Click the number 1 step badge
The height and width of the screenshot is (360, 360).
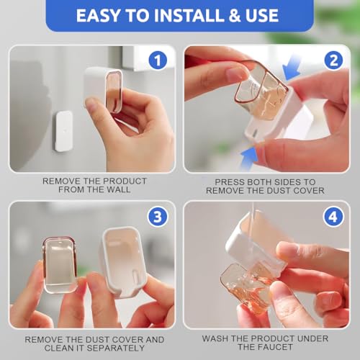tap(158, 60)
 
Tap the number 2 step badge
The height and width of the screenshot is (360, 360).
tap(334, 60)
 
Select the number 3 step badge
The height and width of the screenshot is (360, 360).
tap(158, 217)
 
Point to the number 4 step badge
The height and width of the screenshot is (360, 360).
tap(333, 217)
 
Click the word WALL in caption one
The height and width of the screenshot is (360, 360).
tap(119, 189)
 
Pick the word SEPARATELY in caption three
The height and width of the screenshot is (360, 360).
tap(120, 348)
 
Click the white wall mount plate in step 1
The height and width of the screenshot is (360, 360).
tap(64, 131)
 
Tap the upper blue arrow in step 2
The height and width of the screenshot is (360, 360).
tap(292, 68)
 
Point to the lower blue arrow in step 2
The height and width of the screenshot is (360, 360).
tap(250, 158)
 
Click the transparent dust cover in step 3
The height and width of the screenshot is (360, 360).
tap(60, 264)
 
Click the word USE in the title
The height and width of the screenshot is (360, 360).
tap(264, 16)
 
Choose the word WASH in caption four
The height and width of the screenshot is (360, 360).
tap(215, 338)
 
